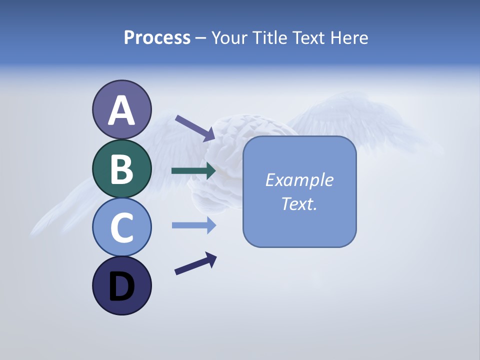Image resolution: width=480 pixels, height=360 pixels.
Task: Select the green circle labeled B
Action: [121, 168]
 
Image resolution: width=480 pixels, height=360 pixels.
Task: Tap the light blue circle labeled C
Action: [121, 227]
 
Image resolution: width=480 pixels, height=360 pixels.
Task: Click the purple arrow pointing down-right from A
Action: [195, 128]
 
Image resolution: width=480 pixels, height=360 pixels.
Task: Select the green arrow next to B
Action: [193, 170]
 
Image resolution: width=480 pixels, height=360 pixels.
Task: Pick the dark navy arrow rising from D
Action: [195, 263]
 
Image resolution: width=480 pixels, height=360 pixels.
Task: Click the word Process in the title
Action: [157, 37]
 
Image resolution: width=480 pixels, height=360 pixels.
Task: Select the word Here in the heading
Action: [348, 37]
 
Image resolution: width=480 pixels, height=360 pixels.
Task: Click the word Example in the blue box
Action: [299, 180]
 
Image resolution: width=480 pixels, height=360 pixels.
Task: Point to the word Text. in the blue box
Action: [299, 204]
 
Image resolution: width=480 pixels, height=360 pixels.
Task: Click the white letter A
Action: [121, 110]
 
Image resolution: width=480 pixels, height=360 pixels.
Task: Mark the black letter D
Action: [121, 286]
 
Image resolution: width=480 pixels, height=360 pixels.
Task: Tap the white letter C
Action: [121, 227]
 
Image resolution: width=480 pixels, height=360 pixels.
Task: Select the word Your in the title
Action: [229, 37]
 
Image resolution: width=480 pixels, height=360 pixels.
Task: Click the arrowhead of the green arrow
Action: [210, 170]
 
